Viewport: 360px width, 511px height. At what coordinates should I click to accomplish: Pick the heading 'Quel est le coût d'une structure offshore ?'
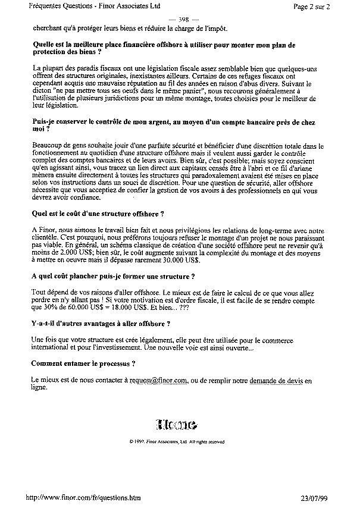97,213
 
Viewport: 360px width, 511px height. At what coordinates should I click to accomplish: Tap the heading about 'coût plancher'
112,277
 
